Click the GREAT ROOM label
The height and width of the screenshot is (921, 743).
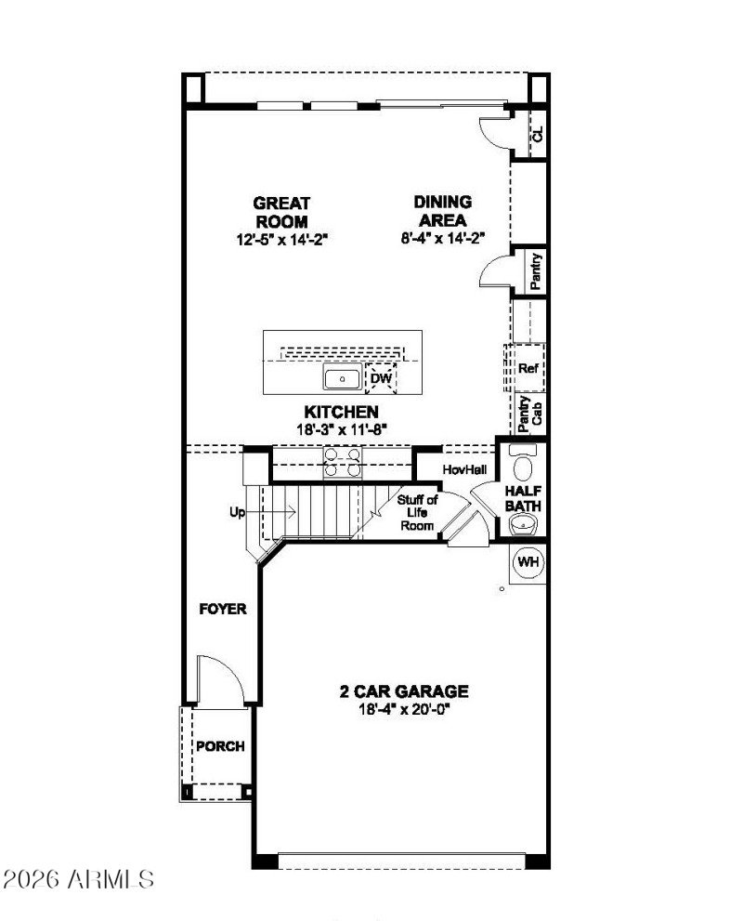pos(282,212)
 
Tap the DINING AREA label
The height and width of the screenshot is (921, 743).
pos(442,211)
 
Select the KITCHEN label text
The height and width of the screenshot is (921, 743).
pos(341,412)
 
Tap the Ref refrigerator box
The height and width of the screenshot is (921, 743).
pos(528,369)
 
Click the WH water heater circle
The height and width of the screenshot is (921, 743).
pos(528,562)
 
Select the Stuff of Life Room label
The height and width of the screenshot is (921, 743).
pos(418,513)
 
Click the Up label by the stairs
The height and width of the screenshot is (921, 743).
pos(239,511)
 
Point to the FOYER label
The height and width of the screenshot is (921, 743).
pos(223,610)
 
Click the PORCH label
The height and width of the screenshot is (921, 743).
pos(220,746)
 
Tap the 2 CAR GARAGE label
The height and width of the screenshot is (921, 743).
pos(403,691)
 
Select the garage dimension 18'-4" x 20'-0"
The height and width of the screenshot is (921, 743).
pos(403,709)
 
